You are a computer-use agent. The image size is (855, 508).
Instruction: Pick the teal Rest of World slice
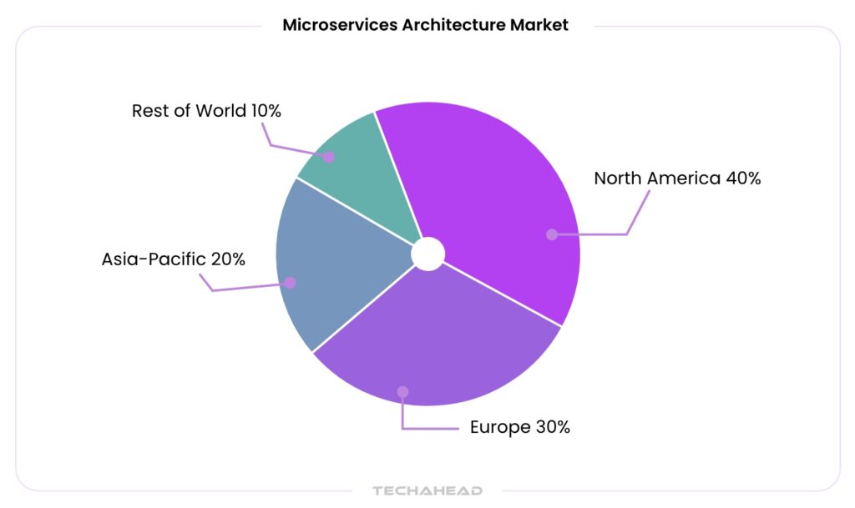click(x=359, y=167)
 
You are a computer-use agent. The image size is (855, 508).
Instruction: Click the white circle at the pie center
click(x=427, y=254)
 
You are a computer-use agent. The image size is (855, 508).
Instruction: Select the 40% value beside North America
click(x=742, y=178)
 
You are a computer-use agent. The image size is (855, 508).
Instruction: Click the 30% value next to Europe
click(x=552, y=427)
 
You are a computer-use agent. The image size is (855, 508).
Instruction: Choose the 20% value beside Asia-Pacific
click(x=227, y=259)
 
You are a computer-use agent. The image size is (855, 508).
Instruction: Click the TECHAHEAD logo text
click(x=427, y=490)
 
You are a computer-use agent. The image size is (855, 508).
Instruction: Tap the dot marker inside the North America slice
click(x=551, y=234)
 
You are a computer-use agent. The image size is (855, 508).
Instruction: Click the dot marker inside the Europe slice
click(x=402, y=391)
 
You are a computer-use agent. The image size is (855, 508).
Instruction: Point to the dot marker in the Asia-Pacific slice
click(x=290, y=283)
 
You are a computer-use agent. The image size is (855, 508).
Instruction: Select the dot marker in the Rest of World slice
click(x=329, y=157)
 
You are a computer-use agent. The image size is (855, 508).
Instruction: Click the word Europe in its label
click(x=499, y=427)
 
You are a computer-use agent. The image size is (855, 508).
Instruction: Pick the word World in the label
click(x=220, y=111)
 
